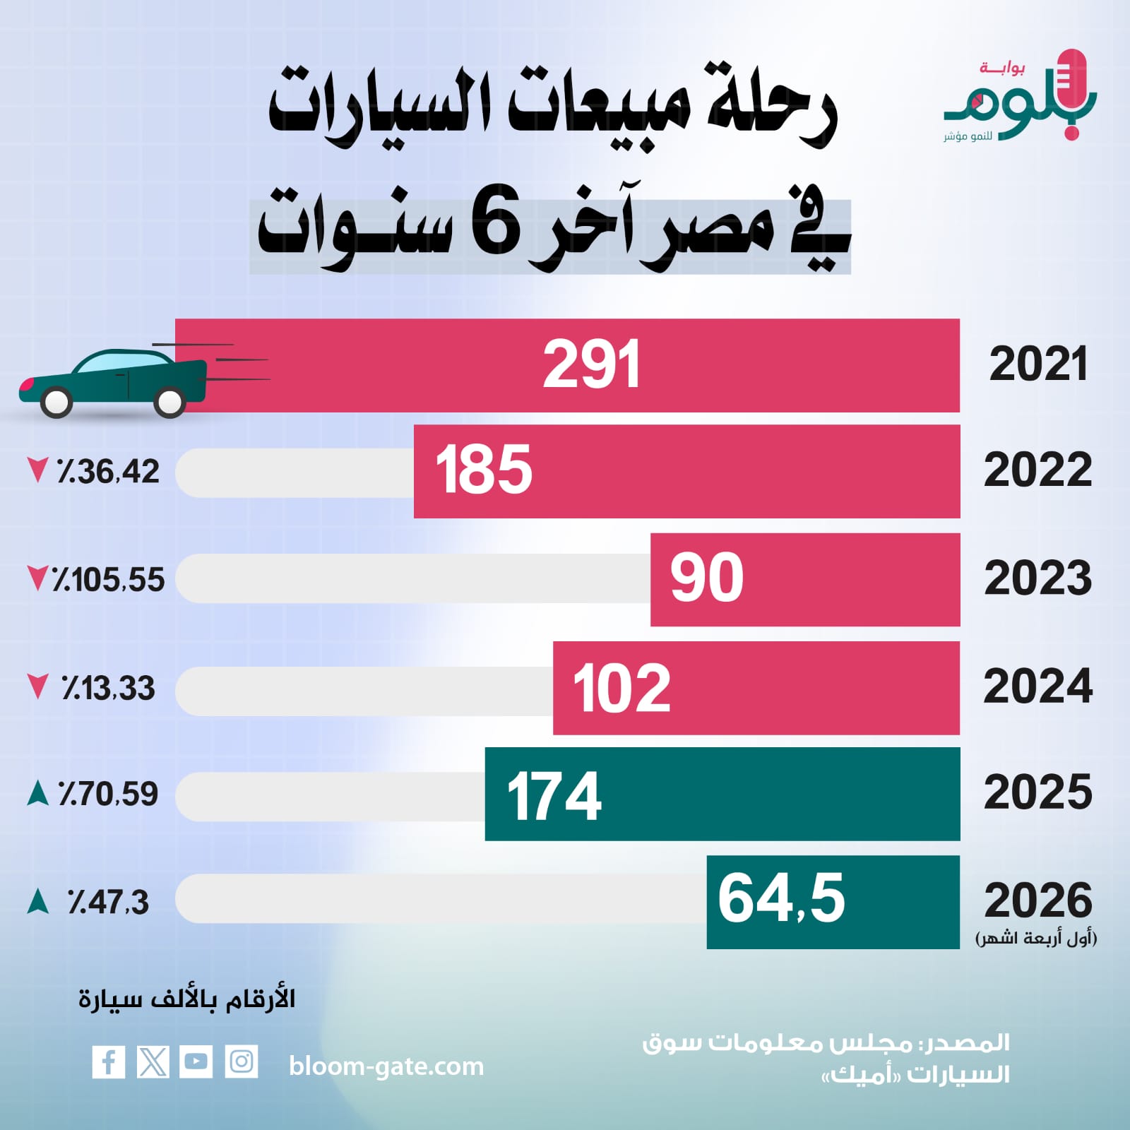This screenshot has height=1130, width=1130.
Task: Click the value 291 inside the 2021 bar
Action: [x=592, y=364]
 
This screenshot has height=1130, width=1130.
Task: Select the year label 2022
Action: [x=1037, y=470]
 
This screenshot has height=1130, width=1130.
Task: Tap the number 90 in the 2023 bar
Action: [x=707, y=578]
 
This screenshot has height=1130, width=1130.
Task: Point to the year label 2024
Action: [x=1037, y=686]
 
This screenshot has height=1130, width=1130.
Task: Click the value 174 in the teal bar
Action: [x=554, y=796]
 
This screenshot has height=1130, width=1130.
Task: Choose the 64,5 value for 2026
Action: [x=781, y=898]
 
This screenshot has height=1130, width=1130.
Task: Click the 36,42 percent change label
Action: [x=108, y=471]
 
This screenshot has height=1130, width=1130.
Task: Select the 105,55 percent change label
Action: [x=108, y=580]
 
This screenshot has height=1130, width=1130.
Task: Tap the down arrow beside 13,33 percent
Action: [x=37, y=686]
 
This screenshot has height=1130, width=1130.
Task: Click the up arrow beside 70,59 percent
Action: [x=37, y=793]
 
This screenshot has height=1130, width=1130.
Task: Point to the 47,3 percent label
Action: [x=108, y=903]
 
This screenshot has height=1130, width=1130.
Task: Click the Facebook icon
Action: [x=109, y=1061]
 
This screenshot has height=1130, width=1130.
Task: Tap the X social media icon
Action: [x=153, y=1061]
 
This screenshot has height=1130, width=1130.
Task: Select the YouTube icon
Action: [x=196, y=1061]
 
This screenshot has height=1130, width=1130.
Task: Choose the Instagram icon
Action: [x=242, y=1061]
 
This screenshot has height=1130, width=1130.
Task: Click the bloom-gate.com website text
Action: [x=386, y=1066]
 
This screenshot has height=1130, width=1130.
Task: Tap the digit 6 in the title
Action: [x=496, y=226]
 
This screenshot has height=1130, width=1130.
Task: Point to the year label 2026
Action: [x=1038, y=900]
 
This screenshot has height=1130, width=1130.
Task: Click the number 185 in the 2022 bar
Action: [x=484, y=470]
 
